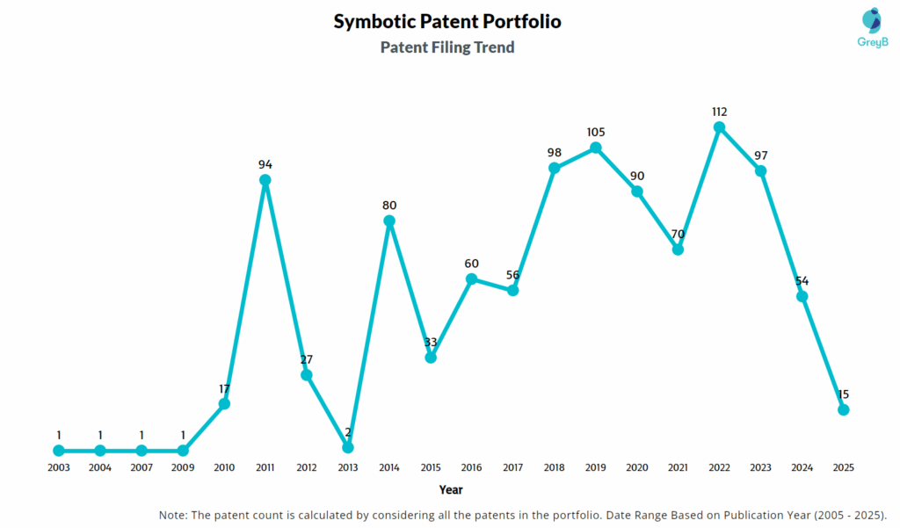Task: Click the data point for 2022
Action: pos(719,127)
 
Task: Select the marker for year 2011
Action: pos(265,180)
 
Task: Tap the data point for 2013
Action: pos(348,447)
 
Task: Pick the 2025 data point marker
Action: pos(844,409)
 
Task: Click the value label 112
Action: pos(719,112)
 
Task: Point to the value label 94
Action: pos(265,164)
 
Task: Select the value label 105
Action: pos(596,132)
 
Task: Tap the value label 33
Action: pos(431,342)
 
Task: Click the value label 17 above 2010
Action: pos(224,387)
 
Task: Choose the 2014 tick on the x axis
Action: pos(389,468)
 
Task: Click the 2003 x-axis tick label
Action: pos(59,468)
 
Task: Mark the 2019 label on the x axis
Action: pos(596,468)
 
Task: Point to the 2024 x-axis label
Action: pos(802,468)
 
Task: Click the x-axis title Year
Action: pos(451,489)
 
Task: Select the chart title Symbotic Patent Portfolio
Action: pos(447,22)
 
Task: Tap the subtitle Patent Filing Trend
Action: pos(447,47)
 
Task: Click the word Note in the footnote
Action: pos(174,514)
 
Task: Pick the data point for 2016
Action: pos(472,279)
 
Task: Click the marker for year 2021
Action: pos(678,250)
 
